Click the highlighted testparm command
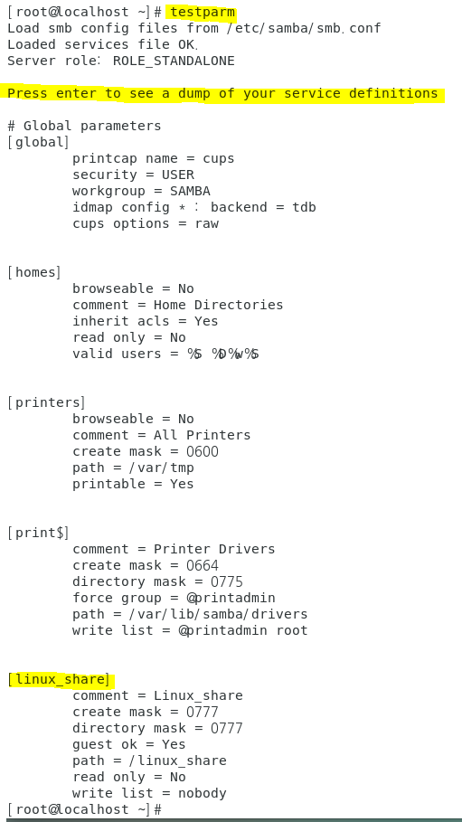[203, 12]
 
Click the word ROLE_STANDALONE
[174, 61]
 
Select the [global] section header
[38, 142]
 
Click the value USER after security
[178, 175]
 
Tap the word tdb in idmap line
[304, 207]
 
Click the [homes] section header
[34, 272]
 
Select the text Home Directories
[218, 305]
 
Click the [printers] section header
[46, 402]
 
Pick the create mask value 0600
[203, 451]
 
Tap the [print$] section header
[38, 533]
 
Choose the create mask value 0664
[203, 565]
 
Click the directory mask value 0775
[227, 581]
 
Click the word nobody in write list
[202, 793]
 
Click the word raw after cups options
[206, 223]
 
